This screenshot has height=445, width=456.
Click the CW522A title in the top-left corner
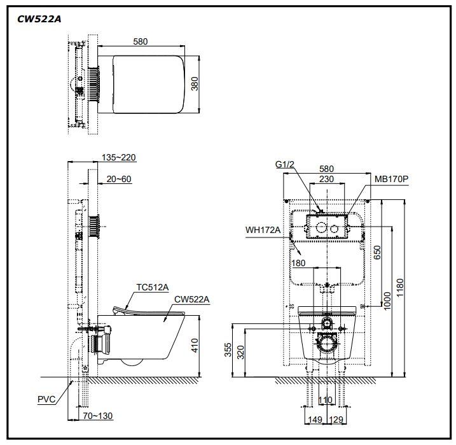[39, 19]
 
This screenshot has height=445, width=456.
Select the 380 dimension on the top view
[195, 83]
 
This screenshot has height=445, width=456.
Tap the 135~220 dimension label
[119, 157]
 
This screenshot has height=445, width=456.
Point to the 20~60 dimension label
[119, 179]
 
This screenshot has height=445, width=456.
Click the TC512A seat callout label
[153, 287]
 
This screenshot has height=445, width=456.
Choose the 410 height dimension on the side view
[195, 346]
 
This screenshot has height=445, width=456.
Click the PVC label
[46, 399]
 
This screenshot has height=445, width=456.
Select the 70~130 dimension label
[98, 416]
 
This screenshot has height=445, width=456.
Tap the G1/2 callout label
[285, 164]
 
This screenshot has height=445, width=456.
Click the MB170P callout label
[391, 179]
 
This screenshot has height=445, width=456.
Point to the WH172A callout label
[263, 230]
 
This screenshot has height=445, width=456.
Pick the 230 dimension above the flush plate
[326, 179]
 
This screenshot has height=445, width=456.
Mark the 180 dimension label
[298, 263]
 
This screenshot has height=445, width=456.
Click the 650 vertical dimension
[377, 252]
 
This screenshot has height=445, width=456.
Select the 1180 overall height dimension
[400, 288]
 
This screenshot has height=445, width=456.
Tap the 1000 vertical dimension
[387, 301]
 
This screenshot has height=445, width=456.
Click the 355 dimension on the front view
[228, 350]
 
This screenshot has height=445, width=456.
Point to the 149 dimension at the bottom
[315, 420]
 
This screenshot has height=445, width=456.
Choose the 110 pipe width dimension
[325, 400]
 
